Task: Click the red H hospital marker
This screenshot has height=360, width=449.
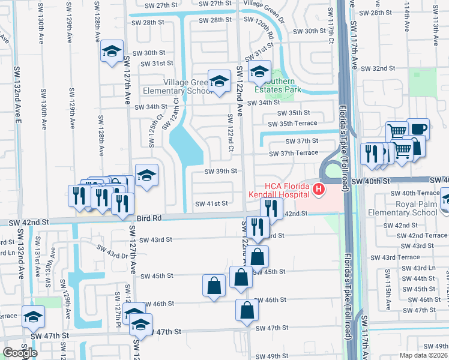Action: coord(318,190)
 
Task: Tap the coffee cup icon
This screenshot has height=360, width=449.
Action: coord(418,129)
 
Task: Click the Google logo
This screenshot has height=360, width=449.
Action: coord(20,352)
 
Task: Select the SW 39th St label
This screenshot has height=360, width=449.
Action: coord(221,171)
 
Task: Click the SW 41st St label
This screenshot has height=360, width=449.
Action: coord(212,203)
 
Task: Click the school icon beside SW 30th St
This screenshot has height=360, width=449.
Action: coord(112,52)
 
